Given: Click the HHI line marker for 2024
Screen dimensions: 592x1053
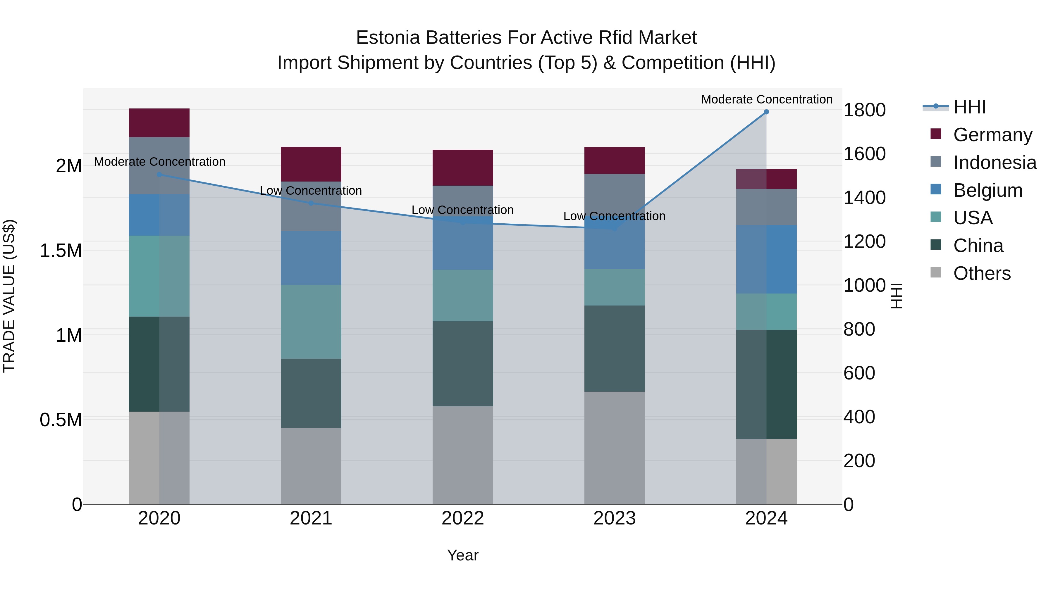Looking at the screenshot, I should click(766, 112).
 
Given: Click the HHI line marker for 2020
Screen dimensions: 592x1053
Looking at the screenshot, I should click(159, 175).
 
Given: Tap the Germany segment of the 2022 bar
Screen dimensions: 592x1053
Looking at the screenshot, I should click(463, 168).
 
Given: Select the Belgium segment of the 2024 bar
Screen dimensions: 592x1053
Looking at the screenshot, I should click(766, 259).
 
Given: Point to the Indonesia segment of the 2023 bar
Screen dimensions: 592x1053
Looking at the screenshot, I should click(614, 192).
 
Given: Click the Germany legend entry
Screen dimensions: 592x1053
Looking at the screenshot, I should click(992, 135).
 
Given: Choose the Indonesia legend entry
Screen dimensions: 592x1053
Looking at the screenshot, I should click(994, 163).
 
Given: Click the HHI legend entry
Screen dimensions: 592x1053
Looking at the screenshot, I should click(969, 107).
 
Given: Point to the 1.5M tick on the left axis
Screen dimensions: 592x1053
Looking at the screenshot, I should click(61, 251).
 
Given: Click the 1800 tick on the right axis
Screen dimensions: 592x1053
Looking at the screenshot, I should click(864, 110).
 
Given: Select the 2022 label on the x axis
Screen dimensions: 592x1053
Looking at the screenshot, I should click(463, 518).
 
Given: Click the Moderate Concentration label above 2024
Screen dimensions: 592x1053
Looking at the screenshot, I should click(766, 99).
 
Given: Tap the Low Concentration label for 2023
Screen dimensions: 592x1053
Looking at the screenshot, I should click(614, 216).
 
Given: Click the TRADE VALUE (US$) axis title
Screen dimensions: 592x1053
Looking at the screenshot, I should click(9, 296).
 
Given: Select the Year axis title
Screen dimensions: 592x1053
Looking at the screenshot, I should click(463, 555).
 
